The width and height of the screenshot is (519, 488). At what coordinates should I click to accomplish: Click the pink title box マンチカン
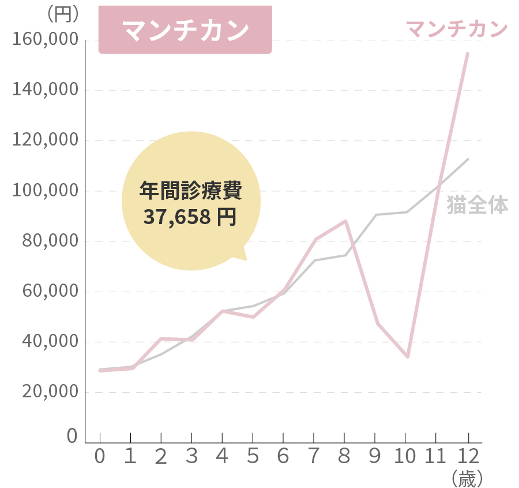(185, 31)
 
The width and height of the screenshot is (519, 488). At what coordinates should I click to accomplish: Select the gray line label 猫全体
(477, 206)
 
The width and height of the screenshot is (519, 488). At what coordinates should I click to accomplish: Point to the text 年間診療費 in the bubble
(191, 190)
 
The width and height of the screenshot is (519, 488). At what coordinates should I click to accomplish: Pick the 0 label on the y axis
(72, 436)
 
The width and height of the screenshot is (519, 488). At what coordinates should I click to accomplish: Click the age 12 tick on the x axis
(468, 457)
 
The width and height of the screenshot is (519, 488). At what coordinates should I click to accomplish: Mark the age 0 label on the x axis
(100, 457)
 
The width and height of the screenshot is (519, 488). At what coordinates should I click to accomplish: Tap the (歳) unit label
(467, 478)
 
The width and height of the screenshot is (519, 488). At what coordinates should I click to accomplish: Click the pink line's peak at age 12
(468, 54)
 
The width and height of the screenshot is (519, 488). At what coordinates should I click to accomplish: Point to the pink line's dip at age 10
(407, 357)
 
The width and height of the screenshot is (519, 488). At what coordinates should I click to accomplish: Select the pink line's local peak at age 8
(345, 221)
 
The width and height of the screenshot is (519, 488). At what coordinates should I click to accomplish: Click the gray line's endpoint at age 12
(468, 159)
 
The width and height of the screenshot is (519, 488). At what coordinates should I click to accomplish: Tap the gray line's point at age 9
(376, 215)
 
